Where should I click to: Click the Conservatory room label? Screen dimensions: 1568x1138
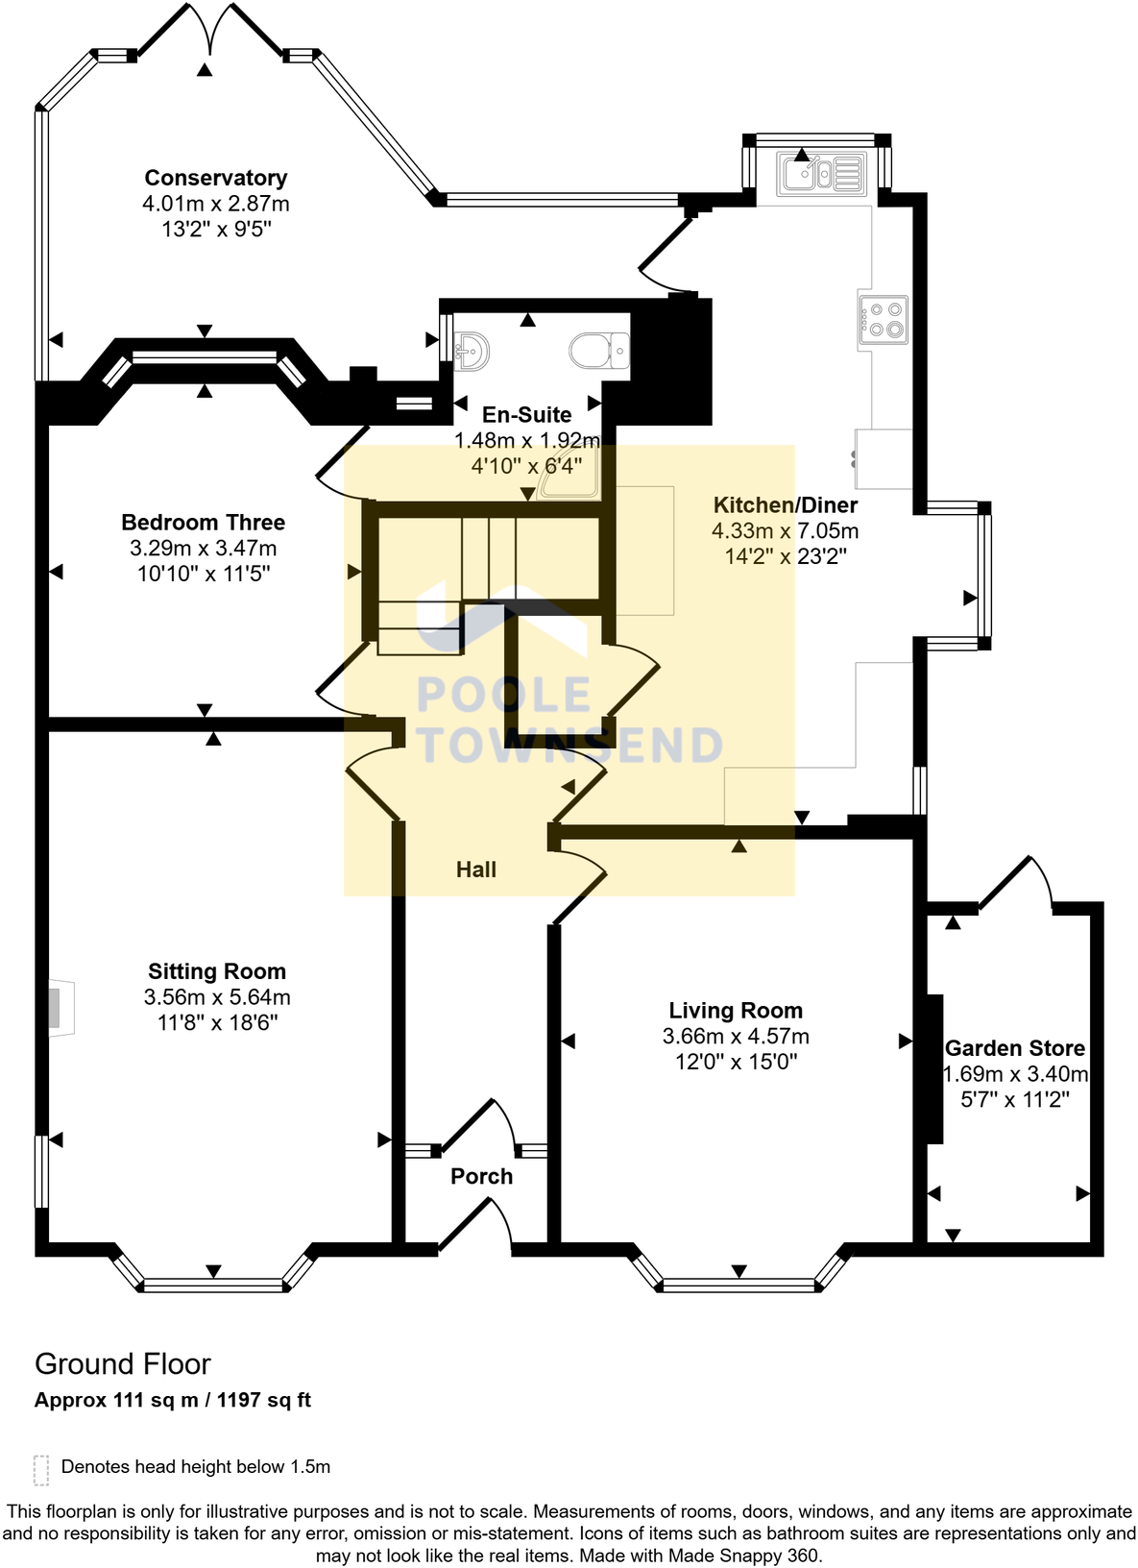[216, 178]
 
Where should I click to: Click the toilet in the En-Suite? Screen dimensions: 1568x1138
[599, 351]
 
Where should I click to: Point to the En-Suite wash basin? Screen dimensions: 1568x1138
[472, 351]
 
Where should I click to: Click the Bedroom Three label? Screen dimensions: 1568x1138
[203, 523]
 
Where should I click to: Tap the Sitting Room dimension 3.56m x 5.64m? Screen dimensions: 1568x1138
[217, 997]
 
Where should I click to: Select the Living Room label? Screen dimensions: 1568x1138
[736, 1011]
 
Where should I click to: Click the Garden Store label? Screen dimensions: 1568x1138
[1015, 1048]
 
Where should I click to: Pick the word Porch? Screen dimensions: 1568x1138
[481, 1176]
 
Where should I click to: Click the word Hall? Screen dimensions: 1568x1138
[476, 870]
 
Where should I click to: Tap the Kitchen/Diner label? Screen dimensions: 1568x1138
[786, 505]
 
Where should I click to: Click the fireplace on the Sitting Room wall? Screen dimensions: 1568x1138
[60, 1009]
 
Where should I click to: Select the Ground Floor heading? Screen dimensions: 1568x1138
[123, 1364]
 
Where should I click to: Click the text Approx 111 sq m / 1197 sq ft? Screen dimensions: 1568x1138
[173, 1400]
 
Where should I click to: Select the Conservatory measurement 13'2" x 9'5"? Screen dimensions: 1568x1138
[216, 230]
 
